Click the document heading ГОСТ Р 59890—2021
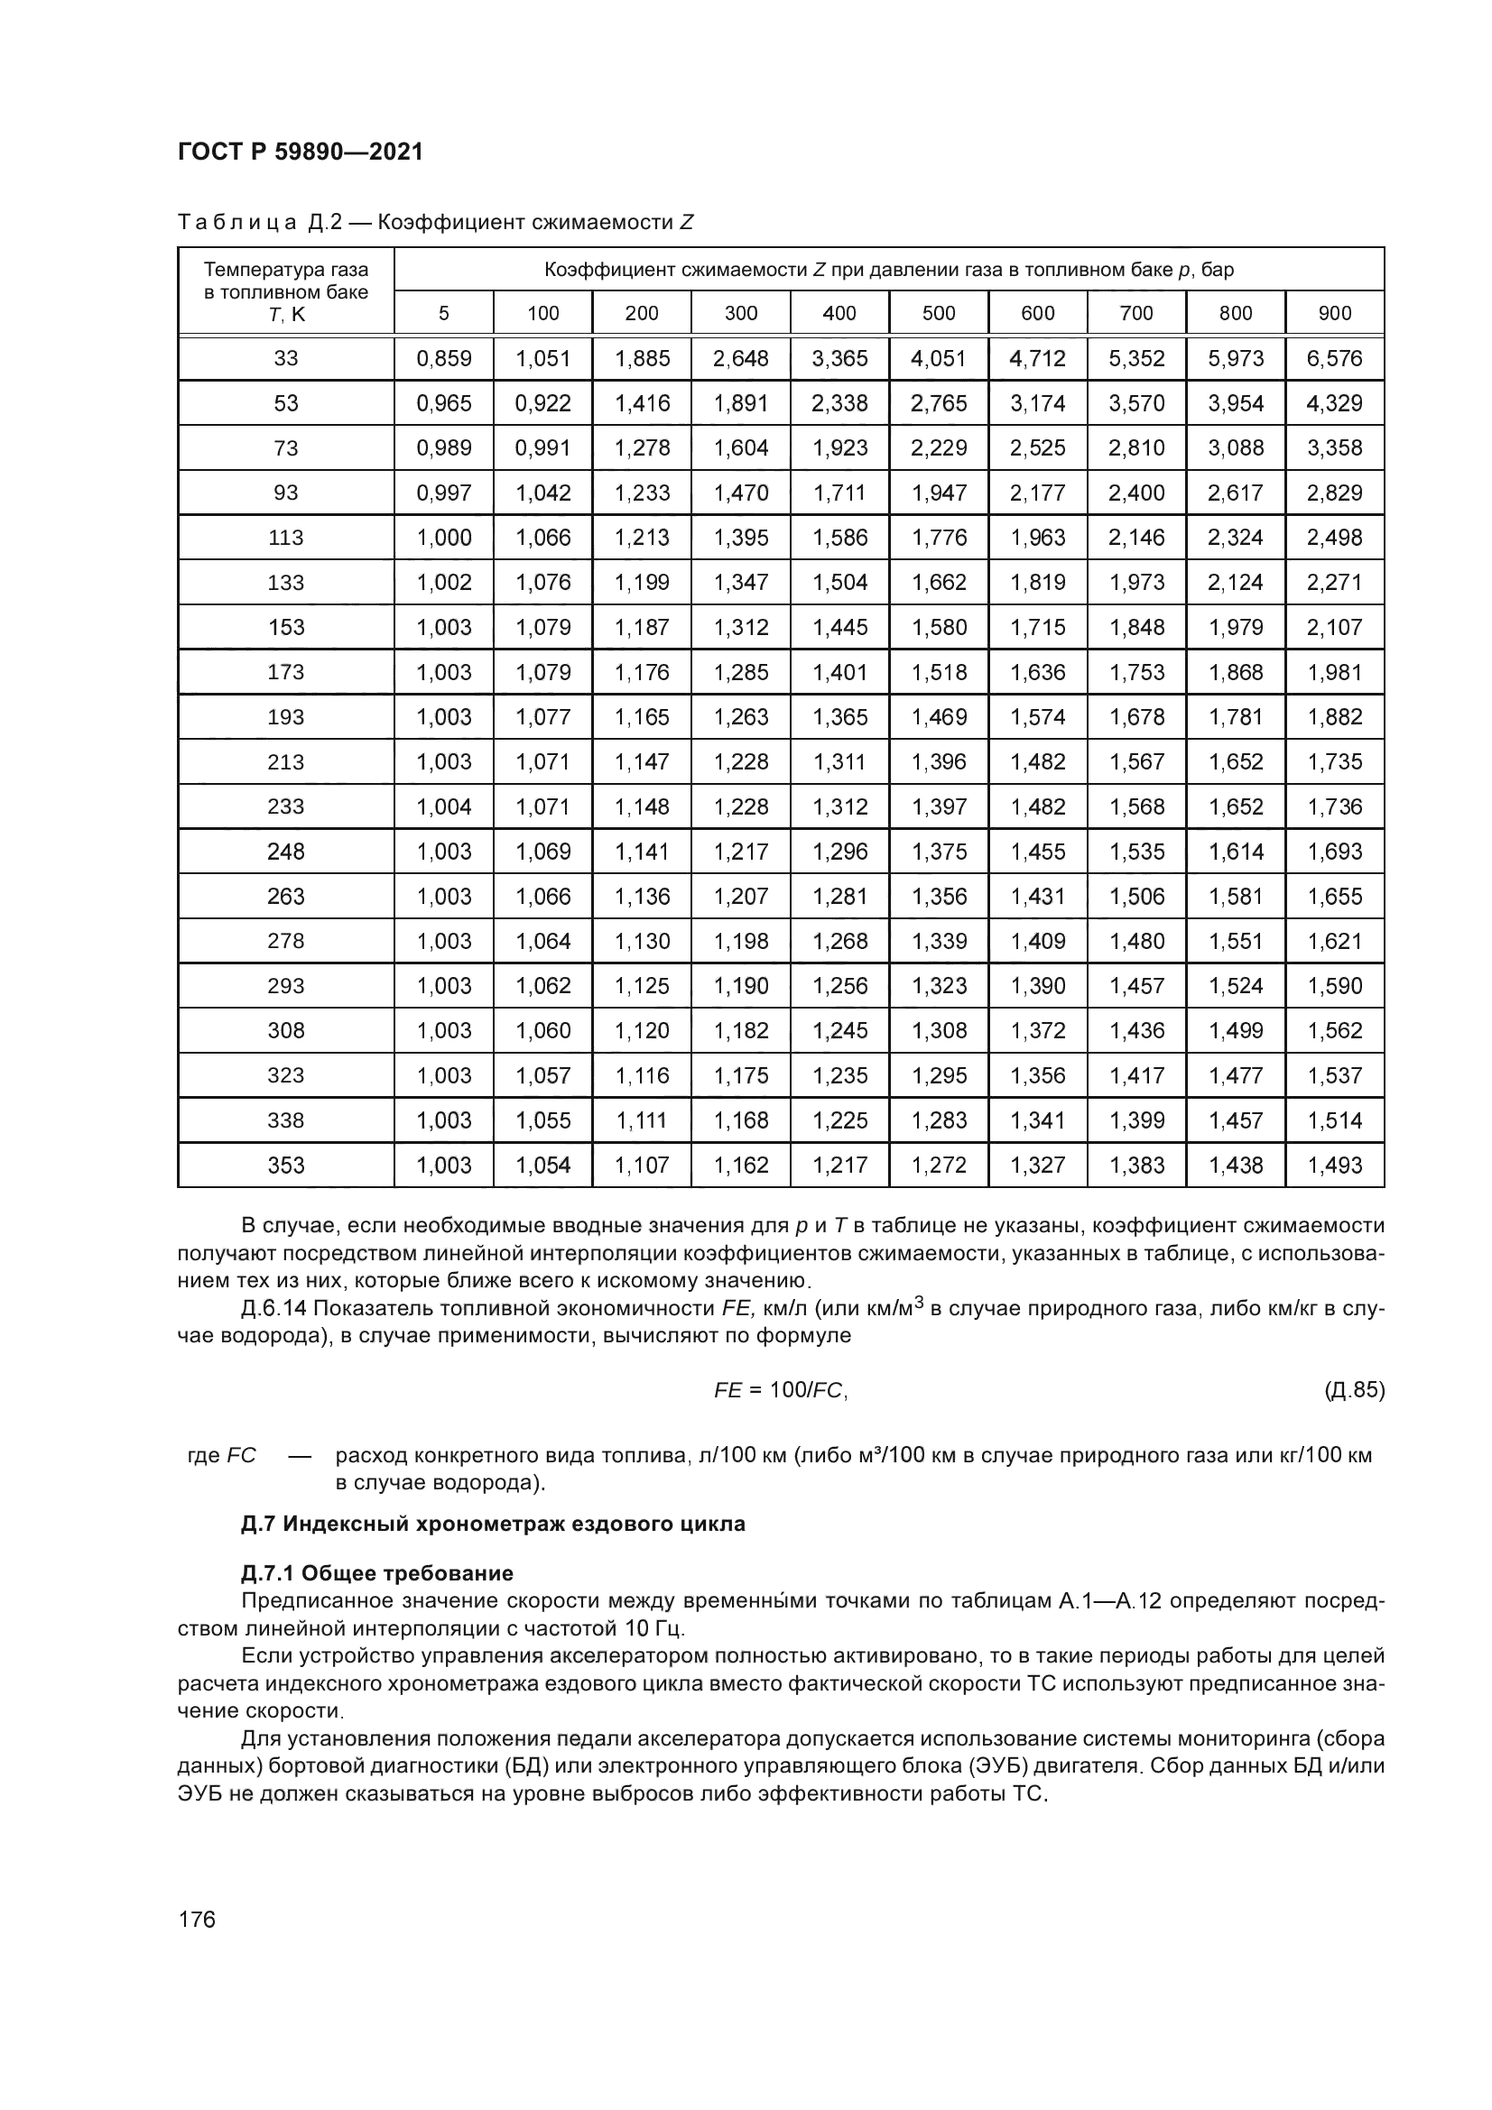pyautogui.click(x=300, y=152)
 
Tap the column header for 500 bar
pyautogui.click(x=939, y=313)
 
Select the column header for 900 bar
pyautogui.click(x=1335, y=313)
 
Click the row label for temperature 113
pyautogui.click(x=286, y=538)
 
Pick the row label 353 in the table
pyautogui.click(x=286, y=1166)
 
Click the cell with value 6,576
pyautogui.click(x=1335, y=358)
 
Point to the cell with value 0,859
pyautogui.click(x=444, y=358)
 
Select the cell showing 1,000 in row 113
pyautogui.click(x=444, y=538)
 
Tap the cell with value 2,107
pyautogui.click(x=1335, y=628)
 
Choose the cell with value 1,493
pyautogui.click(x=1335, y=1166)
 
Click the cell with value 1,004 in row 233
pyautogui.click(x=444, y=806)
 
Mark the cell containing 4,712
pyautogui.click(x=1038, y=358)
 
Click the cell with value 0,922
pyautogui.click(x=543, y=403)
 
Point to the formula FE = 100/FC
pyautogui.click(x=781, y=1390)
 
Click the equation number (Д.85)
pyautogui.click(x=1353, y=1389)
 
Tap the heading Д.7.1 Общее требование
pyautogui.click(x=377, y=1573)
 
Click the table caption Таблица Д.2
pyautogui.click(x=435, y=223)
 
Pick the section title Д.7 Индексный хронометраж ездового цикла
pyautogui.click(x=493, y=1524)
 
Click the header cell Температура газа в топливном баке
pyautogui.click(x=286, y=291)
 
